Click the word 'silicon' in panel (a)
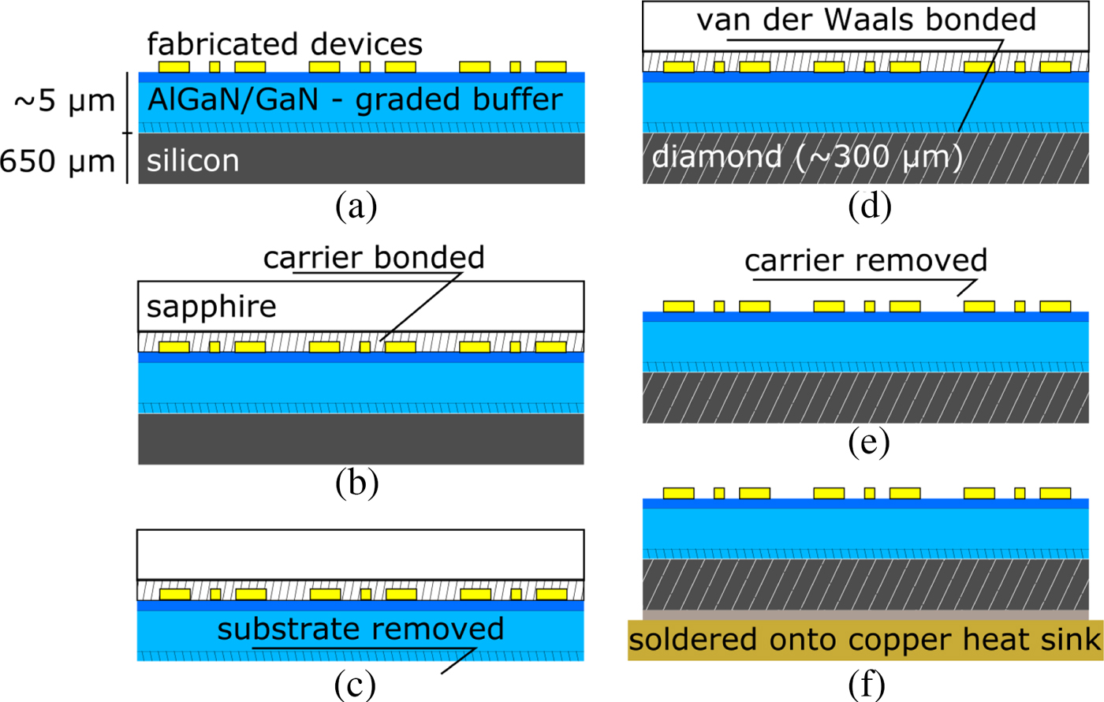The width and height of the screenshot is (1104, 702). coord(192,161)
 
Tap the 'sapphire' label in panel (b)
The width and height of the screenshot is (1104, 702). coord(211,307)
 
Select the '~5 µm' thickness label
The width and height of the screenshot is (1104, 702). coord(65,102)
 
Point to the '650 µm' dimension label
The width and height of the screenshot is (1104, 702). coord(57,161)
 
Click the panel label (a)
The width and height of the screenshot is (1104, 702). coord(356,206)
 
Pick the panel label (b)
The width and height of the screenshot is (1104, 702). coord(356,483)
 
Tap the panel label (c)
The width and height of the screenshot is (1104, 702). coord(355,685)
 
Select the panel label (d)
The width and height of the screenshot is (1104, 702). coord(870,206)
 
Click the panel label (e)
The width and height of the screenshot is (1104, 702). coord(869,442)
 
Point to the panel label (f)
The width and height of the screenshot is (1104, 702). coord(867,685)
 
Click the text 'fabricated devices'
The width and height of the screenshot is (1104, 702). coord(285,44)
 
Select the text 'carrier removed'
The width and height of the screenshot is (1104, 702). coord(866,260)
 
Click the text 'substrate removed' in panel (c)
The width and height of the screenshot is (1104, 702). coord(361,629)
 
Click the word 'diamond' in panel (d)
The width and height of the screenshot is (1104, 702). coord(717,156)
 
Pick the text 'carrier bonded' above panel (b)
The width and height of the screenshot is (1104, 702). coord(374,257)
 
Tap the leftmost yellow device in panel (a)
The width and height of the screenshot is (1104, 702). coord(174,66)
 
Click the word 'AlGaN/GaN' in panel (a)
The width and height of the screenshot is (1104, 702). coord(233,99)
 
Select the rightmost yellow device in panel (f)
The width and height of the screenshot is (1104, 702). coord(1055,493)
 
